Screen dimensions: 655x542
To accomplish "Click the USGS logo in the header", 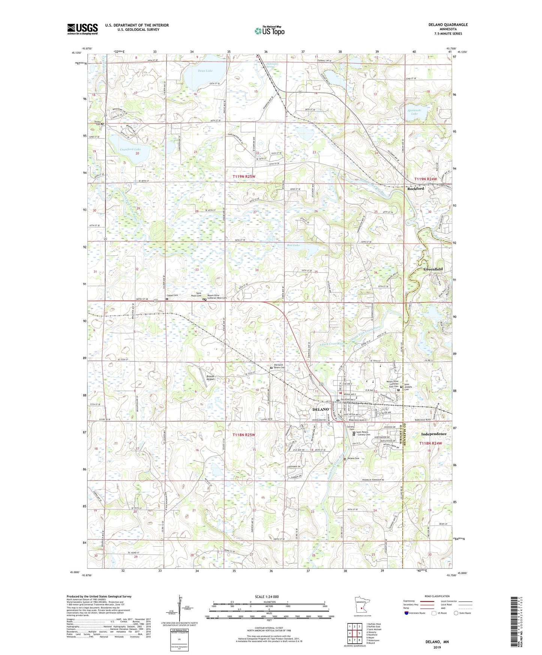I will click(82, 29).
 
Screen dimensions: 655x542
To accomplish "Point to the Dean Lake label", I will click(205, 71).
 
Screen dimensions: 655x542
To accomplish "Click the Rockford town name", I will click(416, 189).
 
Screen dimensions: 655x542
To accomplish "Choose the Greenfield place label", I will click(433, 269).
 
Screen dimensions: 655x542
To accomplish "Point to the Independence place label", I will click(434, 434).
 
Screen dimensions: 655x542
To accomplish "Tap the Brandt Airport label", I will click(210, 377).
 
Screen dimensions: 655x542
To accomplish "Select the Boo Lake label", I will click(293, 245).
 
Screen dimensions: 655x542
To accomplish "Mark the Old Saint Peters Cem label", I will click(281, 366).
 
